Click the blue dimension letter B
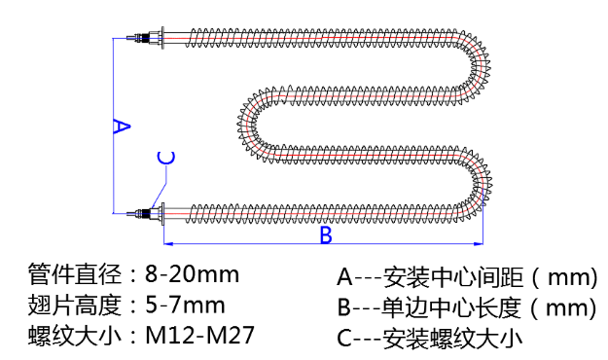327,234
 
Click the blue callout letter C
166,159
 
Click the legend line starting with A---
467,277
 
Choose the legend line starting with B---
467,308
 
